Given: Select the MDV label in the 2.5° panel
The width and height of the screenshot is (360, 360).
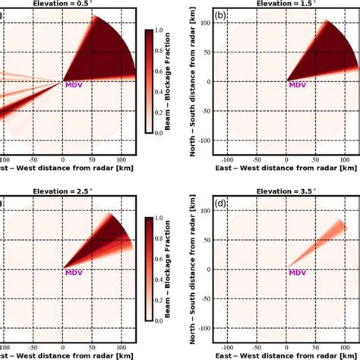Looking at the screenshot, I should tap(74, 273).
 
